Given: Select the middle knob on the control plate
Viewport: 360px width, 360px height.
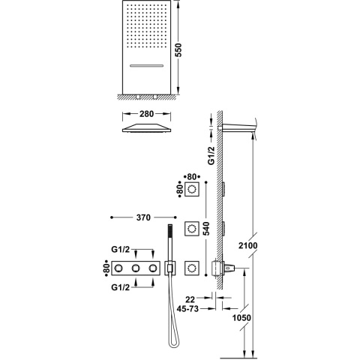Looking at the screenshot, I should click(x=137, y=267).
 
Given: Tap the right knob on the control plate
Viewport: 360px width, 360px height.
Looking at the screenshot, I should click(x=154, y=267).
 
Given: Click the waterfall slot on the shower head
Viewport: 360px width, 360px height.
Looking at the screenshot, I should click(x=148, y=66).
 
